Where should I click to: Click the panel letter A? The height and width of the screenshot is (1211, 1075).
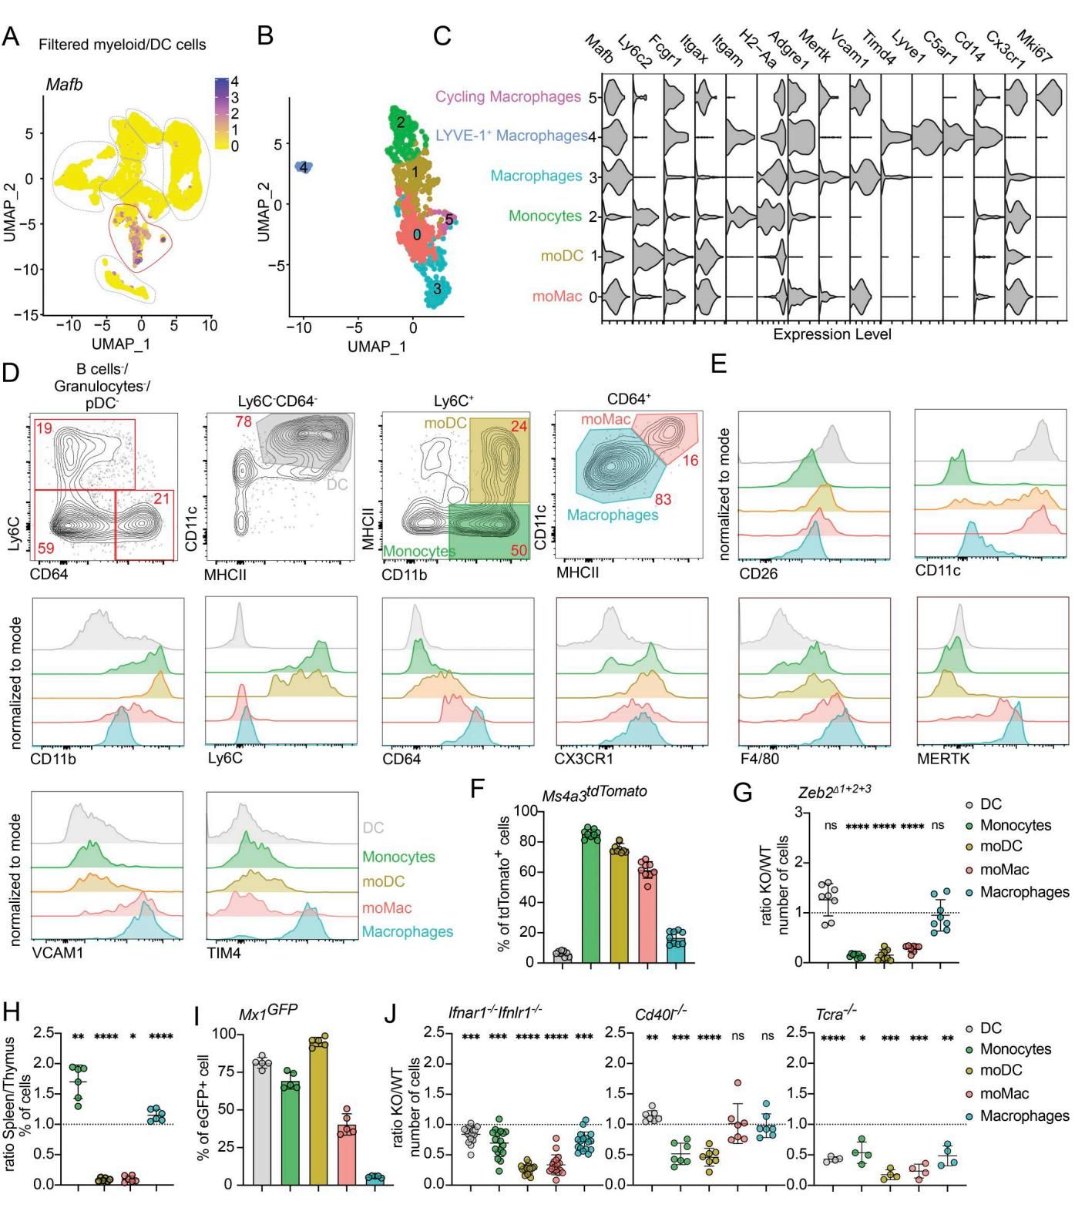click(x=11, y=36)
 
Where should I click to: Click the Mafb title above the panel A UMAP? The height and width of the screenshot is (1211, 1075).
click(x=64, y=85)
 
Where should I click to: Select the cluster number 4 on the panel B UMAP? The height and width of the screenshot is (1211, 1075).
click(x=304, y=167)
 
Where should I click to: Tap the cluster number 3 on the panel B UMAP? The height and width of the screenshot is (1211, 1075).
click(x=437, y=290)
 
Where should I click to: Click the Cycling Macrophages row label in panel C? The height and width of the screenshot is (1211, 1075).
click(x=508, y=97)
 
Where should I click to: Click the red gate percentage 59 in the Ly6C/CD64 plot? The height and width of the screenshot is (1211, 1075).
click(x=44, y=548)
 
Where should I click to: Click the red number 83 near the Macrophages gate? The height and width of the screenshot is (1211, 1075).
click(x=663, y=500)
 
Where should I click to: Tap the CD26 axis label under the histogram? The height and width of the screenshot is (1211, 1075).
click(x=758, y=574)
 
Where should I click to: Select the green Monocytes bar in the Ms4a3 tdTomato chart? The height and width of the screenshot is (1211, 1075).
click(x=592, y=897)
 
